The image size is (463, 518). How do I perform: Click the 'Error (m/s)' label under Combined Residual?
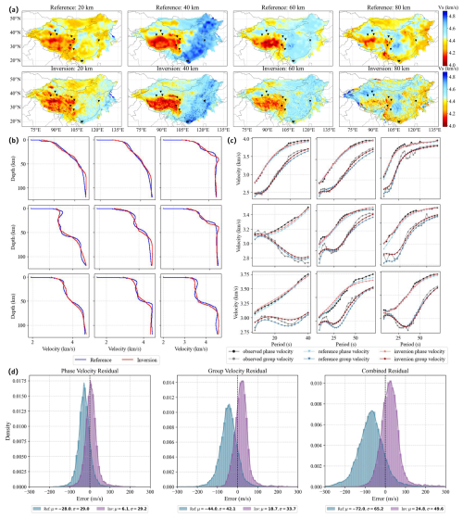(x=385, y=499)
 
